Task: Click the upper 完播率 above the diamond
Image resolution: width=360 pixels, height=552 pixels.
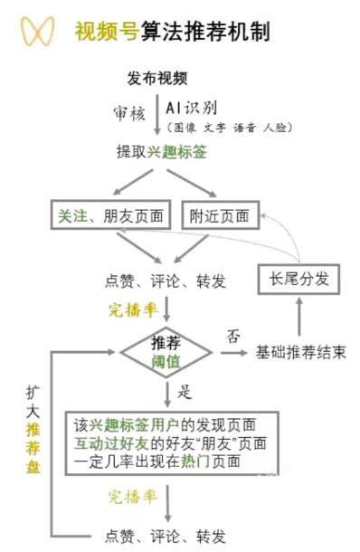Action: pos(133,310)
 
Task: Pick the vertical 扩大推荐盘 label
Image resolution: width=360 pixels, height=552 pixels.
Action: pos(33,425)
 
